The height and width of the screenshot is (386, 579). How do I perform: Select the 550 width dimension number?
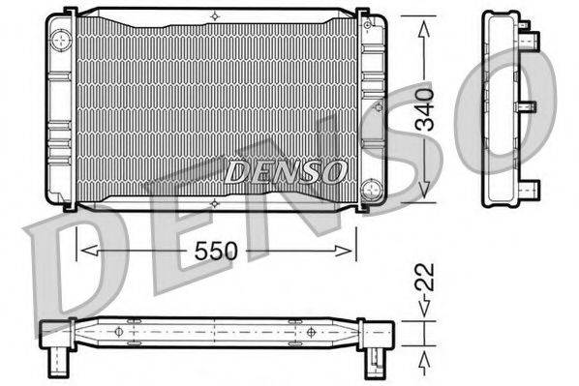(x=213, y=251)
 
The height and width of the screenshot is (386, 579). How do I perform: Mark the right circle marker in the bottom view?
(x=310, y=332)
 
